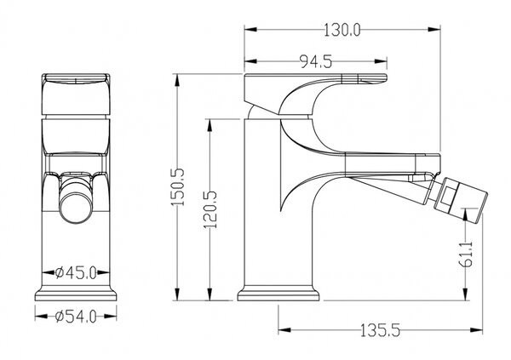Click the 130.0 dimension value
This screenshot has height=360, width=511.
[x=342, y=31]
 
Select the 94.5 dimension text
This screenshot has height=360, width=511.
[x=315, y=61]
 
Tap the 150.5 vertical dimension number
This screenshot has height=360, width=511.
[x=178, y=187]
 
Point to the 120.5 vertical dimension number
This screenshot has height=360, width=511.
[x=210, y=209]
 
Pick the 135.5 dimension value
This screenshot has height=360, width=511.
[x=380, y=331]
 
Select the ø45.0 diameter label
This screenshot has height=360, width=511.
[x=76, y=272]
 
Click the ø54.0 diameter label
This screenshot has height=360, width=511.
[x=76, y=317]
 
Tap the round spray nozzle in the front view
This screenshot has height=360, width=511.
[x=76, y=208]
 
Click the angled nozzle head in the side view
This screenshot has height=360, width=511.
[x=458, y=198]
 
